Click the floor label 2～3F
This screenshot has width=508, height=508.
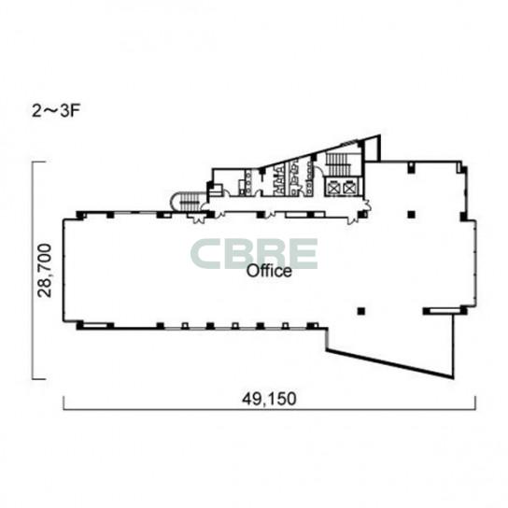point(56,111)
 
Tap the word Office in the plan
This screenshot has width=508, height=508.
point(269,271)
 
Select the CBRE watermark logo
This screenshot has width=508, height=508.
point(254,254)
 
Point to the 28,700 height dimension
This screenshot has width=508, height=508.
point(45,270)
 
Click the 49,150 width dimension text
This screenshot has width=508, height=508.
point(269,399)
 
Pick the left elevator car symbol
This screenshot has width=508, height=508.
point(333,187)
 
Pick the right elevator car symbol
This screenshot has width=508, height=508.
point(349,187)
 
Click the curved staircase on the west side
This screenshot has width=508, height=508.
point(186,201)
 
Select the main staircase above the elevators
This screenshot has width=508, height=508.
point(338,164)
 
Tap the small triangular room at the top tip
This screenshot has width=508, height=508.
point(373,148)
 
